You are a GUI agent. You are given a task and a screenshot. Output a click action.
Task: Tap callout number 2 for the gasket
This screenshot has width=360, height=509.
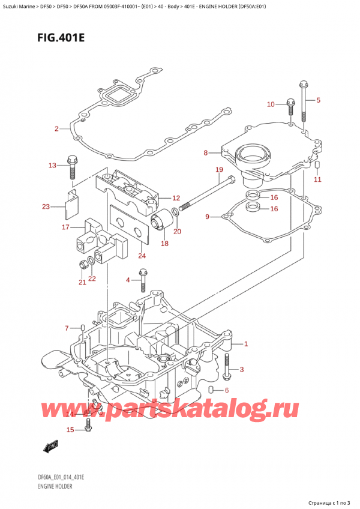tap(56, 129)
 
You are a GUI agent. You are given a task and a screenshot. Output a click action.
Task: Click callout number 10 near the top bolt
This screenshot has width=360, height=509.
tap(271, 104)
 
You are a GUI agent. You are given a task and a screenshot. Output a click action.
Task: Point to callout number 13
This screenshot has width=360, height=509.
tap(52, 165)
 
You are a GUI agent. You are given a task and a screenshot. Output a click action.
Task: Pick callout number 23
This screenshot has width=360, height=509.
tap(46, 207)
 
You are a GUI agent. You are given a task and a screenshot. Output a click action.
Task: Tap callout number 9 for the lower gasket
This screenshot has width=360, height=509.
tap(207, 217)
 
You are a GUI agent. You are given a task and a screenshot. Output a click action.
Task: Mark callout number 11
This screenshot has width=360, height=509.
tap(318, 179)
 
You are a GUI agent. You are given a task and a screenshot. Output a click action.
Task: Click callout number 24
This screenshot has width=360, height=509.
tap(142, 256)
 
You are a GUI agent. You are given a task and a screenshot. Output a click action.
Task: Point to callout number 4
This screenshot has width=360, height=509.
tap(128, 280)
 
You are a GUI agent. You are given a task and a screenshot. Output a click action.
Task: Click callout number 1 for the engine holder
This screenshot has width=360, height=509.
tap(245, 345)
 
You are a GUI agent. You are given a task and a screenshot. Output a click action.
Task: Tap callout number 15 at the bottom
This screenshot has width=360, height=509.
tap(70, 430)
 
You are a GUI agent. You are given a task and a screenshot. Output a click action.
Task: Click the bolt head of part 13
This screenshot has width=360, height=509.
tap(71, 160)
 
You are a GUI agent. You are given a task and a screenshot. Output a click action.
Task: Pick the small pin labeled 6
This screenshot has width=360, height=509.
tap(211, 391)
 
